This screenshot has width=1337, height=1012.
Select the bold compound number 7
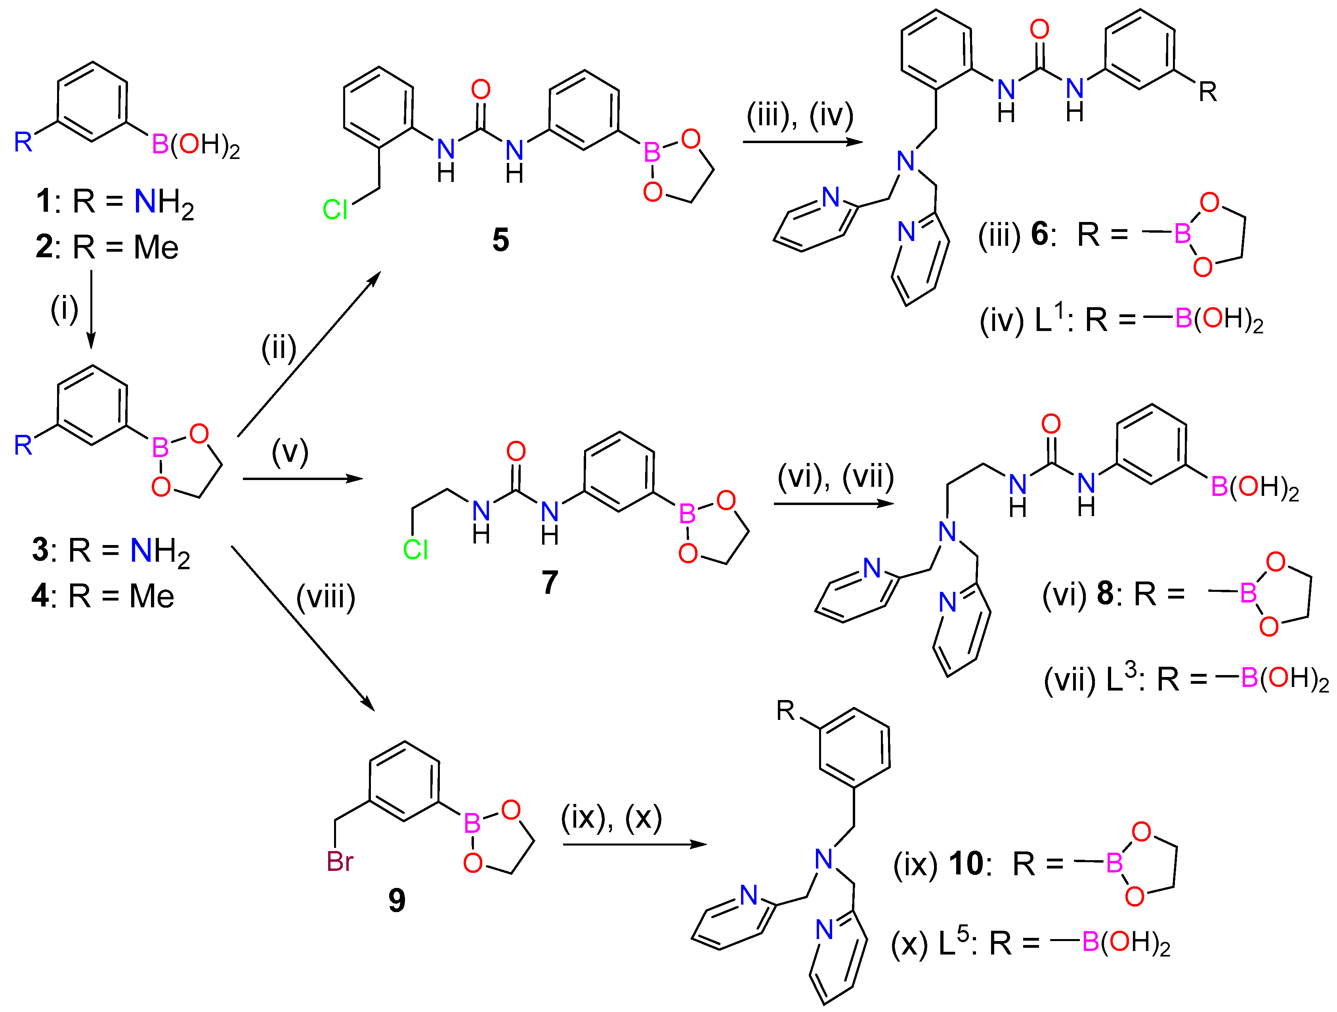[x=550, y=582]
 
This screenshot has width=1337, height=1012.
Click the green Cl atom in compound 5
[x=335, y=210]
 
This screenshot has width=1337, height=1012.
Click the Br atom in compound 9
[x=340, y=861]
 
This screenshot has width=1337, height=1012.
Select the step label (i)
[x=64, y=310]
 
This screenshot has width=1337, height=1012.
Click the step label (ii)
[x=279, y=348]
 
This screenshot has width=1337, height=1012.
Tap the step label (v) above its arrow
[x=290, y=452]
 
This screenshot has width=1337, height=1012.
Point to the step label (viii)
[x=325, y=597]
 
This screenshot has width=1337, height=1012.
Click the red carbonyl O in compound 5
[x=481, y=90]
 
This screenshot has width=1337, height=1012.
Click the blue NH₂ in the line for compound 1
[x=164, y=202]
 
